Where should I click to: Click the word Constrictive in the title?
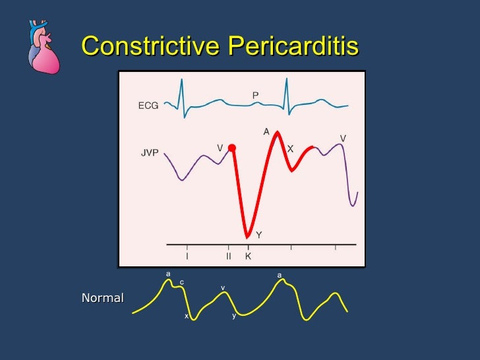tap(152, 46)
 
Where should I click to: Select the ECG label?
tap(148, 106)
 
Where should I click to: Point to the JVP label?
tap(150, 153)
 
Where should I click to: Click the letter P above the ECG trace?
tap(255, 96)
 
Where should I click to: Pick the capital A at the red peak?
tap(266, 132)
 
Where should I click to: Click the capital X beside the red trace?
tap(290, 149)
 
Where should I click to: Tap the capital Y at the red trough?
tap(259, 235)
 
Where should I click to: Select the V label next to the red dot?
tap(220, 148)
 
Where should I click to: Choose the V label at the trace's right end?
tap(343, 138)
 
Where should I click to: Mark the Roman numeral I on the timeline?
tap(187, 256)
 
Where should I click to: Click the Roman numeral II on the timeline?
tap(228, 256)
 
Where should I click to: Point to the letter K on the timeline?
tap(248, 256)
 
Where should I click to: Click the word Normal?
tap(102, 298)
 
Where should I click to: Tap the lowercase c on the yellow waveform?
tap(182, 282)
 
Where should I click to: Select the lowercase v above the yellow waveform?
tap(223, 288)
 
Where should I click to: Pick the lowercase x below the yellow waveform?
tap(186, 316)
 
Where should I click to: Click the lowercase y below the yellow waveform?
tap(233, 316)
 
